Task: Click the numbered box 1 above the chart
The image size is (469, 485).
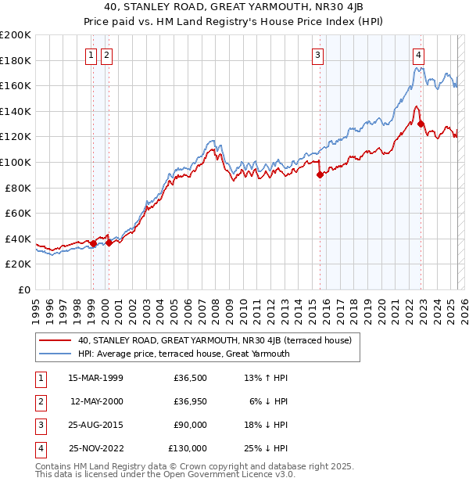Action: coord(91,55)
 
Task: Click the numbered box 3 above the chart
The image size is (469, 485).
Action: coord(318,55)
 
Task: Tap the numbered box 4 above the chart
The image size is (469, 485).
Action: coord(419,55)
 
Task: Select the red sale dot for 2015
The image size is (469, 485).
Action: coord(320,175)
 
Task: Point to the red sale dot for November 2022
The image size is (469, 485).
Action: coord(421,124)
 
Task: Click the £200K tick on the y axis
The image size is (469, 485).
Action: coord(16,35)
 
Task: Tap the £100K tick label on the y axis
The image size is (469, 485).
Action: coord(16,162)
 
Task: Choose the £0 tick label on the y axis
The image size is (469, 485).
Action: coord(23,289)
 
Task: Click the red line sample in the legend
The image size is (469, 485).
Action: coord(55,340)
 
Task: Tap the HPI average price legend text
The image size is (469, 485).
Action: coord(184,354)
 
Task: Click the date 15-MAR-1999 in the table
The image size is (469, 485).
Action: coord(95,378)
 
